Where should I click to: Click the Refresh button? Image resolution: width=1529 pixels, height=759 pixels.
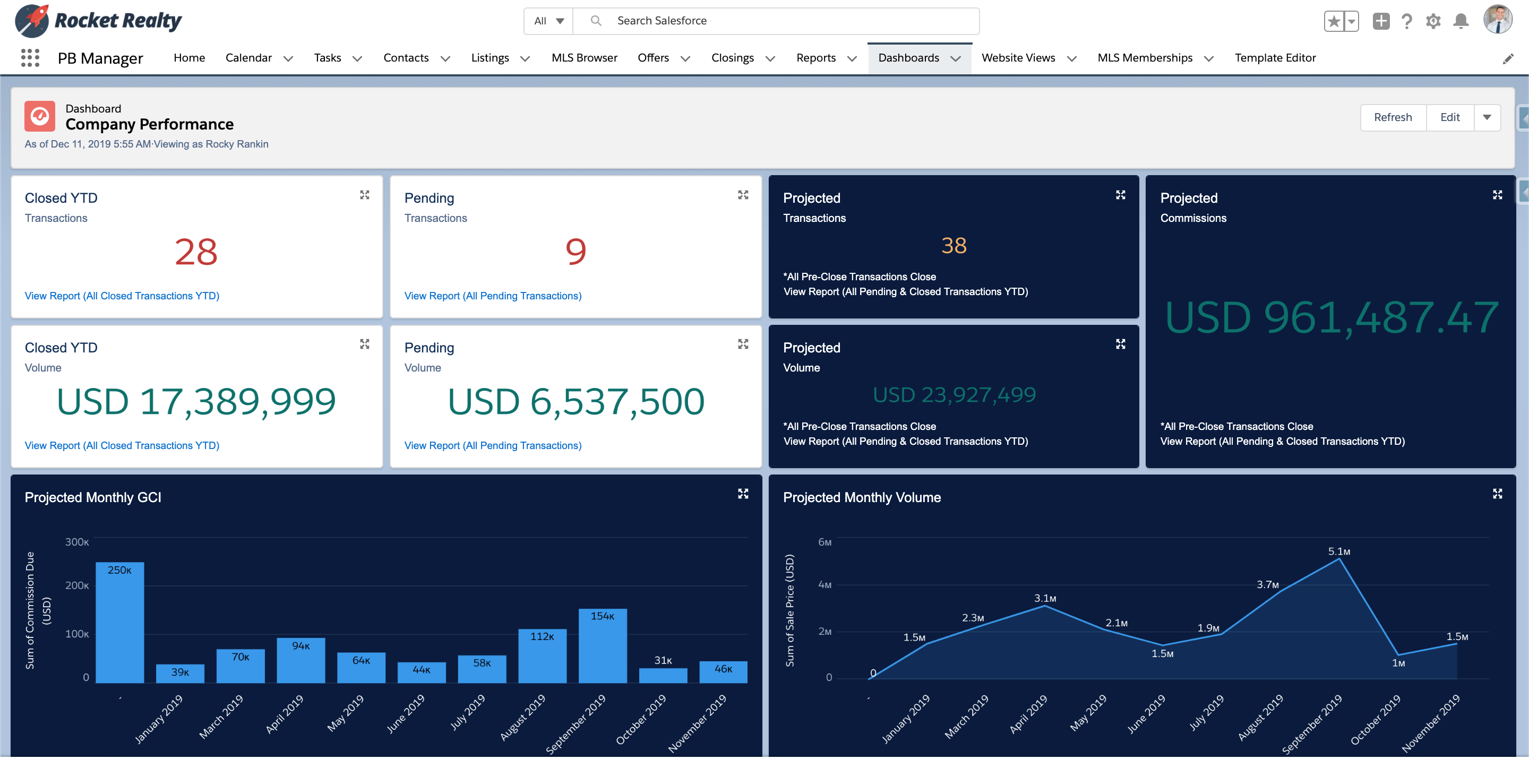point(1392,117)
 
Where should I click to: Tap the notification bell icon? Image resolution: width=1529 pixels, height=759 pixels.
point(1461,21)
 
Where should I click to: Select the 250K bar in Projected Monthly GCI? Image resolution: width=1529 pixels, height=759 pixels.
point(119,623)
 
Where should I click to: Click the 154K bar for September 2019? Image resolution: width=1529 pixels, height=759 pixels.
point(602,647)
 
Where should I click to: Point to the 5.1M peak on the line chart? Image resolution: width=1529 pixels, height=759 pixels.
point(1339,558)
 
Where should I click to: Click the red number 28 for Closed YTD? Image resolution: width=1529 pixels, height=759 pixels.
point(196,252)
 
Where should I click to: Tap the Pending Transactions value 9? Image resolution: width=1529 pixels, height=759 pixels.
point(575,252)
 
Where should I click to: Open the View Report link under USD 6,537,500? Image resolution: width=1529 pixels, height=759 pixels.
point(492,446)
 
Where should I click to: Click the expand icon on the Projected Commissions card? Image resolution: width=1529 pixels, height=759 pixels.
point(1497,195)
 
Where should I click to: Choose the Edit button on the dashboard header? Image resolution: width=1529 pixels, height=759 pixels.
point(1449,117)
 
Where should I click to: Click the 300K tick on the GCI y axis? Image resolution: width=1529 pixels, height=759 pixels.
point(76,542)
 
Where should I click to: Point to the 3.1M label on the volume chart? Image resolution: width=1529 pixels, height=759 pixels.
point(1045,598)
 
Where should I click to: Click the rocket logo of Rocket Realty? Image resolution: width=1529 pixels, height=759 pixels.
point(32,20)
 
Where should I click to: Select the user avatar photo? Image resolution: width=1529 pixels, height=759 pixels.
point(1497,20)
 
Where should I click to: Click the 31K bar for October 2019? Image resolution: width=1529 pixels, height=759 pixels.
point(663,675)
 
